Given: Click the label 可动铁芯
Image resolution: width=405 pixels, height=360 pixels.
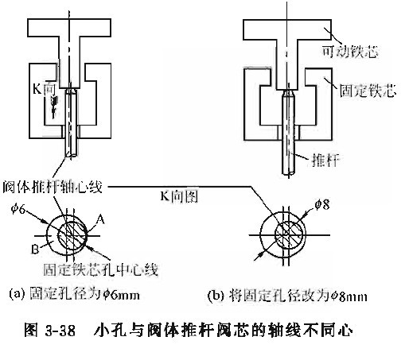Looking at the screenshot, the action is (350, 52).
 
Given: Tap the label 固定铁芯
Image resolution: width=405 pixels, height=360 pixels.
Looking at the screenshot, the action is (368, 91).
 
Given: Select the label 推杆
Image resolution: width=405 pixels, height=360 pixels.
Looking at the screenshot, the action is (325, 160).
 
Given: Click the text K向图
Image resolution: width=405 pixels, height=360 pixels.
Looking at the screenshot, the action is (179, 196).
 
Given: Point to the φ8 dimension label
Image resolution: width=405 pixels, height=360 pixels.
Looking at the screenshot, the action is (322, 204).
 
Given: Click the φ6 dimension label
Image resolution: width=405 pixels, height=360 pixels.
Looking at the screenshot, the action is (18, 210).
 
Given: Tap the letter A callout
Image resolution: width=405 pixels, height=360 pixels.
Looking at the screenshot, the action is (100, 219).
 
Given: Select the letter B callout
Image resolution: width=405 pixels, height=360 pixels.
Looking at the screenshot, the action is (36, 250).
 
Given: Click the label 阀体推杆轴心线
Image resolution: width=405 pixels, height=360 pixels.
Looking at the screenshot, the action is (53, 187).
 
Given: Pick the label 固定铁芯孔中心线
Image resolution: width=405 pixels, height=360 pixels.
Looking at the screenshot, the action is (100, 270).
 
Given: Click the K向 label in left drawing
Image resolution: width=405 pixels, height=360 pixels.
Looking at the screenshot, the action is (44, 89).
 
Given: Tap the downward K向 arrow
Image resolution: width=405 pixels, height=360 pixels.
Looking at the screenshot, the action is (55, 107).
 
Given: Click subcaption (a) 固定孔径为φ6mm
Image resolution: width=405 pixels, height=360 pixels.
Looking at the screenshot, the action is (75, 294).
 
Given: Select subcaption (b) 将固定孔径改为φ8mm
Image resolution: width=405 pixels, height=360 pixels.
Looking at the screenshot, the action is (287, 296).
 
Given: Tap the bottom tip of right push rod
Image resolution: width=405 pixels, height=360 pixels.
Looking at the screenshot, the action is (288, 175).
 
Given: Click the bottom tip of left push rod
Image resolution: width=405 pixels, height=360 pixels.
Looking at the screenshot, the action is (71, 157).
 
